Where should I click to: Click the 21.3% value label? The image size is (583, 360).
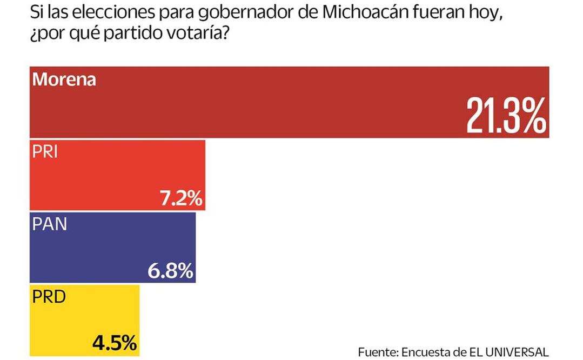506,116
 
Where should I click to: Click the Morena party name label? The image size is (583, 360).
64,79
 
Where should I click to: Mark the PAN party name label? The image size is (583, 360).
49,224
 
